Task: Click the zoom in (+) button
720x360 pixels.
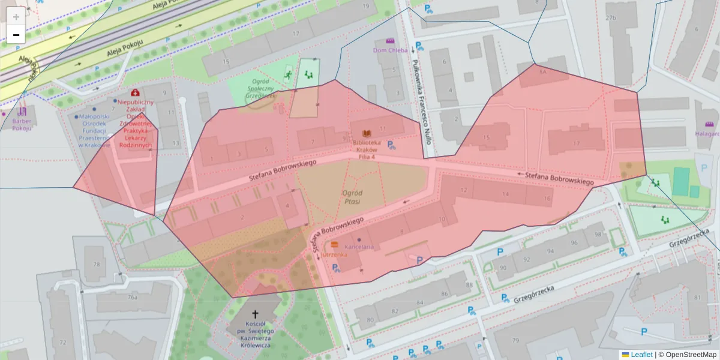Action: click(16, 17)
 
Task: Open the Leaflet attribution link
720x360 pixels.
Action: click(641, 355)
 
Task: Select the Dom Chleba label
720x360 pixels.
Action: click(390, 50)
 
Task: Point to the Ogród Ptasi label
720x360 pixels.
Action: click(352, 197)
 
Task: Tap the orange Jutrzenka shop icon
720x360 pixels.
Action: click(334, 245)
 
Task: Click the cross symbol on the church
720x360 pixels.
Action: click(255, 314)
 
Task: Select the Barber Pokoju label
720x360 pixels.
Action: click(22, 124)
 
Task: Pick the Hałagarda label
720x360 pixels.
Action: click(708, 134)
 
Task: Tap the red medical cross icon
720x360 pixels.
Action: click(136, 93)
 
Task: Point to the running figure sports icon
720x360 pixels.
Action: click(289, 75)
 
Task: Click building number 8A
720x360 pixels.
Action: click(543, 71)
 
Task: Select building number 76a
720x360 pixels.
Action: click(133, 297)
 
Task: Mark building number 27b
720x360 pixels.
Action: click(611, 17)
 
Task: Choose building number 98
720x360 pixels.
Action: click(598, 234)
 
